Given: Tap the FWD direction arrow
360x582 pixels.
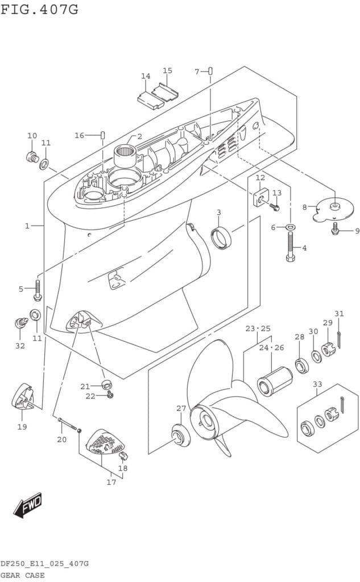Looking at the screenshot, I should coord(28,505).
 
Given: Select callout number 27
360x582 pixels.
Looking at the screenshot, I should coord(181,409).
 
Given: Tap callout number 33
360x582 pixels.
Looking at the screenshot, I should coord(317,385).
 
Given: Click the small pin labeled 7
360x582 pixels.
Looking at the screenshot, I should coord(210,71).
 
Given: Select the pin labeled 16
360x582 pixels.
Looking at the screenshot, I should coord(103,135).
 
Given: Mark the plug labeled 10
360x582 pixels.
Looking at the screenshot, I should coord(32,155).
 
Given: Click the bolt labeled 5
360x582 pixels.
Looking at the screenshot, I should coord(38,290).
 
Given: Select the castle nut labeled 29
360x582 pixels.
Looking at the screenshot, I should coord(328,349).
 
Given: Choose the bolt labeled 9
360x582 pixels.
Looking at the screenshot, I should coord(336,229).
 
